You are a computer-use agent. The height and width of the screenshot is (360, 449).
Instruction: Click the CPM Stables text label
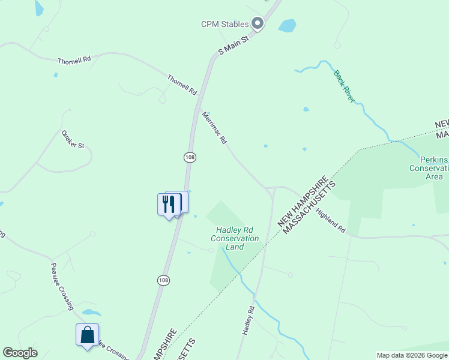pos(224,24)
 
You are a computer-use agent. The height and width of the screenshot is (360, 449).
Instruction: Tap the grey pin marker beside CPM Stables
pos(258,24)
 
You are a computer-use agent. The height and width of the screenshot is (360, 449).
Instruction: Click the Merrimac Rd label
pos(214,128)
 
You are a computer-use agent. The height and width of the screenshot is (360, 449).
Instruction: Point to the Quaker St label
pos(73,140)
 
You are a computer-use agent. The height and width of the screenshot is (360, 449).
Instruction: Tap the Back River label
pos(344,86)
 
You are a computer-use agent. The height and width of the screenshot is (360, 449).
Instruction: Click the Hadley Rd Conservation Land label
pos(235,238)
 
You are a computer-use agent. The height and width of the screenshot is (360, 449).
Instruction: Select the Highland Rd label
pos(331,221)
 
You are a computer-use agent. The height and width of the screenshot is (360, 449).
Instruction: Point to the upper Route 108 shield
pos(190,157)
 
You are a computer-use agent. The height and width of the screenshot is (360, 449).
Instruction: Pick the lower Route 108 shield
pos(164,280)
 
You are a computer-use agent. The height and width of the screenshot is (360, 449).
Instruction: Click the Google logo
pos(20,353)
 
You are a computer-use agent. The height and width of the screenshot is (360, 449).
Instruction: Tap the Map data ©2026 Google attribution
pos(412,355)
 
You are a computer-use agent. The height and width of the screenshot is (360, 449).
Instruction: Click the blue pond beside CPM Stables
pos(287,26)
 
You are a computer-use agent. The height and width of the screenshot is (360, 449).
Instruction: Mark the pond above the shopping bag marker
pos(91,313)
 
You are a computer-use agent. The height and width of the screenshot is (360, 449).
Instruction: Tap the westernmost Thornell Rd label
pos(74,61)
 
